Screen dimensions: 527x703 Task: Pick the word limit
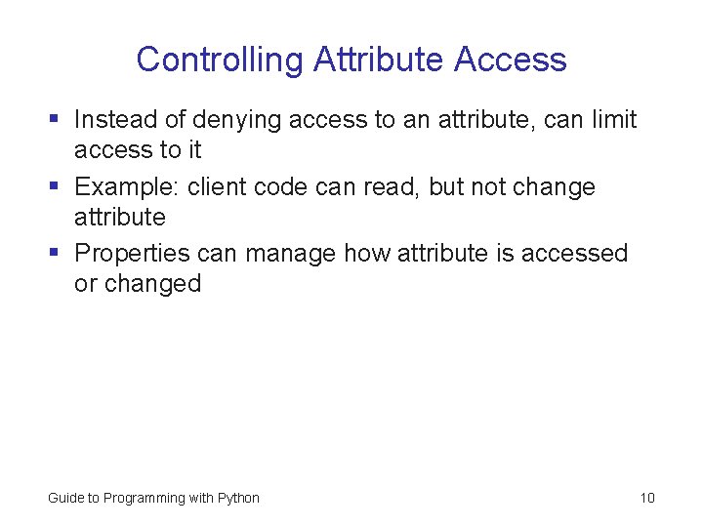[614, 120]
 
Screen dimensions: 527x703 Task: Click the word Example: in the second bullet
[127, 186]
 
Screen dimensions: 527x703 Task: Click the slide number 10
[647, 498]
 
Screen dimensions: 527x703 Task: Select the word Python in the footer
[238, 498]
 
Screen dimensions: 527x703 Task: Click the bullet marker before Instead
[55, 120]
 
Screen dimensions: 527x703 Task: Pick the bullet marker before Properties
[55, 254]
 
